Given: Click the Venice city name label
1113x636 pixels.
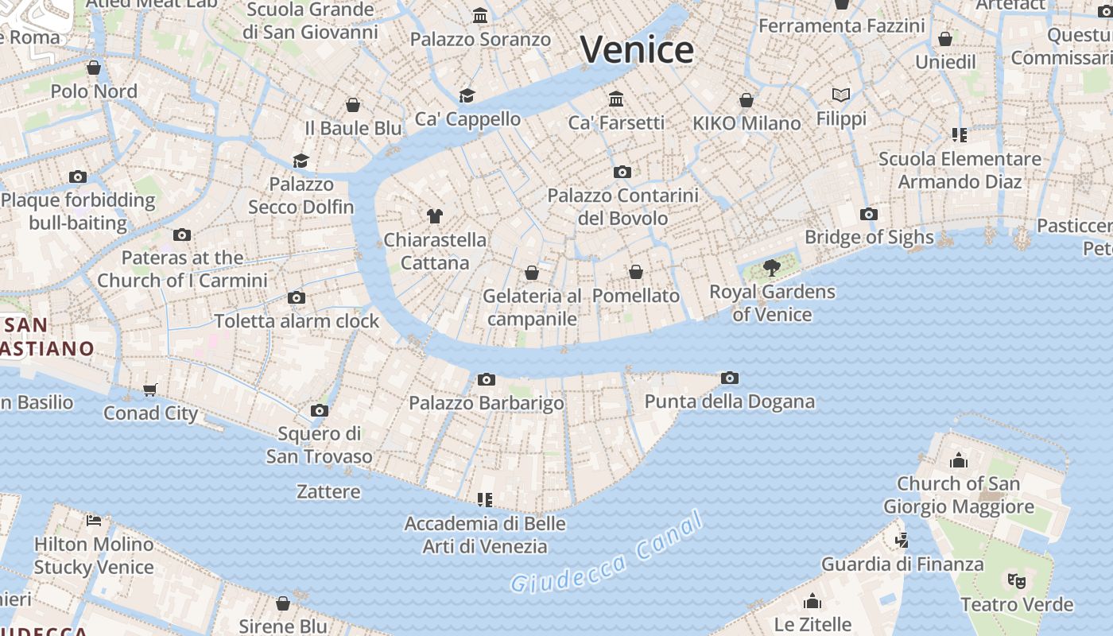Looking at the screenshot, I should pyautogui.click(x=637, y=49).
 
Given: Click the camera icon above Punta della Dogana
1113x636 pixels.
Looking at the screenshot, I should pyautogui.click(x=730, y=378).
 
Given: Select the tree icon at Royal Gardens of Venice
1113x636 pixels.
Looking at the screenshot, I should pyautogui.click(x=771, y=268).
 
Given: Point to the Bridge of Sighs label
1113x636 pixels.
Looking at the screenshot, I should pyautogui.click(x=869, y=237).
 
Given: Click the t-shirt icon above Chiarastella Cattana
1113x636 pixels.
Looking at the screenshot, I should pyautogui.click(x=434, y=215).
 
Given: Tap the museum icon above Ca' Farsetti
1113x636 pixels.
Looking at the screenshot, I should pyautogui.click(x=616, y=99).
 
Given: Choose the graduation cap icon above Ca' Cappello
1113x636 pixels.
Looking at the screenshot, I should pyautogui.click(x=467, y=95).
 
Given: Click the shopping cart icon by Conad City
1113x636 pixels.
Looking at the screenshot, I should pyautogui.click(x=150, y=390).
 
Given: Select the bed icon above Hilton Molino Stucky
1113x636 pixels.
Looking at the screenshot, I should pyautogui.click(x=94, y=521).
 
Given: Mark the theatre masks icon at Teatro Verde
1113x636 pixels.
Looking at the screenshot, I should pyautogui.click(x=1016, y=580).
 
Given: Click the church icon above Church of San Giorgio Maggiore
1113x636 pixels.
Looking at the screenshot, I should pyautogui.click(x=959, y=460).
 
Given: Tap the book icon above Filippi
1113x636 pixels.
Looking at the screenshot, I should pyautogui.click(x=841, y=95).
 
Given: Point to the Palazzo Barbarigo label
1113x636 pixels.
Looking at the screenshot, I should pyautogui.click(x=487, y=403).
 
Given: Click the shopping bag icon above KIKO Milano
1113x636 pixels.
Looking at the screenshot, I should pyautogui.click(x=747, y=100).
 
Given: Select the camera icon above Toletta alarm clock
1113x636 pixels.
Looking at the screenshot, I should pyautogui.click(x=297, y=298).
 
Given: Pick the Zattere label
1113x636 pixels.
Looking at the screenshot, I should pyautogui.click(x=328, y=492).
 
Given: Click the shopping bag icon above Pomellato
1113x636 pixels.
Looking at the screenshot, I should pyautogui.click(x=636, y=273).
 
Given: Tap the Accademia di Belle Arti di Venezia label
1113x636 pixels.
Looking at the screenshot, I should pyautogui.click(x=485, y=535).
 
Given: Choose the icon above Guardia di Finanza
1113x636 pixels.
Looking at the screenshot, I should pyautogui.click(x=902, y=541).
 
